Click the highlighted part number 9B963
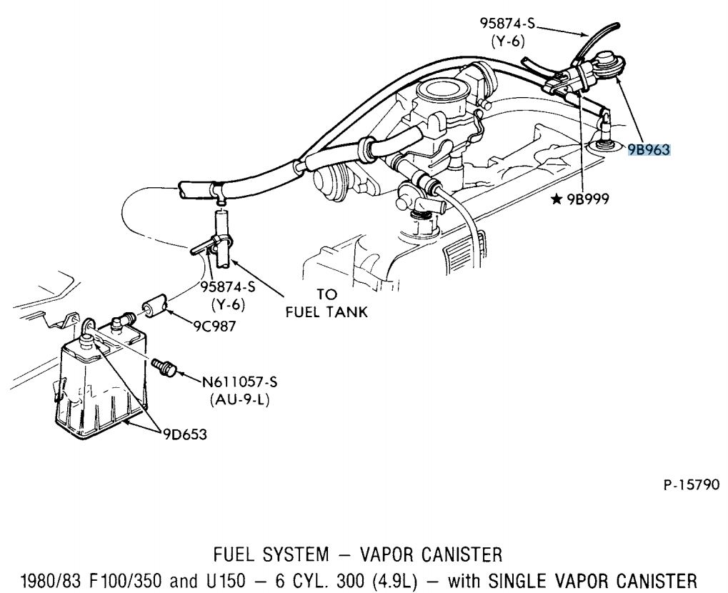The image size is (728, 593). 649,149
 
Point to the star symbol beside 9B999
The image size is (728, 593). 556,200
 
